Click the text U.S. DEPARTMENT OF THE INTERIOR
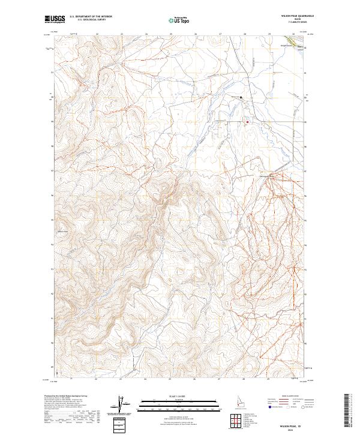(91, 17)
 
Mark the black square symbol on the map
(242, 97)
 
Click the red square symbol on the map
(247, 122)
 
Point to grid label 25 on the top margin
(171, 34)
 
